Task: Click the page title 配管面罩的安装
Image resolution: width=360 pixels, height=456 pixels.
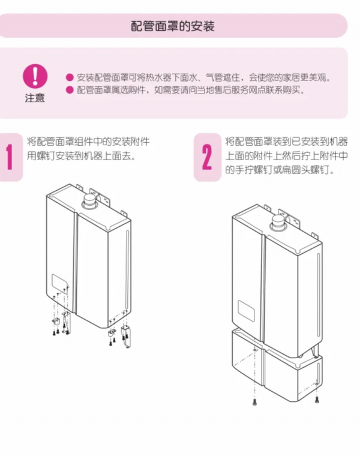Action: click(x=172, y=26)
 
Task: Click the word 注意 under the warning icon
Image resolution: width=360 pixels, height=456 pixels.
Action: click(x=35, y=98)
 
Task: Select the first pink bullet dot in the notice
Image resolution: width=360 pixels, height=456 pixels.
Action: click(x=70, y=78)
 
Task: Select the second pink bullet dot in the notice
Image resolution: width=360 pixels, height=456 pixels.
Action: click(x=70, y=91)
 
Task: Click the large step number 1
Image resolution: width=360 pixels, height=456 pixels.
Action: click(x=9, y=158)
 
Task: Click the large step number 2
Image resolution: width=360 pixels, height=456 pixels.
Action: click(x=206, y=158)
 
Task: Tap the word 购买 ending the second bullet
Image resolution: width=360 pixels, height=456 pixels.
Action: click(x=296, y=91)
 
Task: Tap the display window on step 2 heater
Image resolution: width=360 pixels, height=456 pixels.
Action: click(x=248, y=310)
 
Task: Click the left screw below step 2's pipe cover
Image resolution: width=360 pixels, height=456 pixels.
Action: click(x=254, y=400)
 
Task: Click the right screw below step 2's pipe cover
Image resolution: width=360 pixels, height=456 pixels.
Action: click(x=317, y=398)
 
